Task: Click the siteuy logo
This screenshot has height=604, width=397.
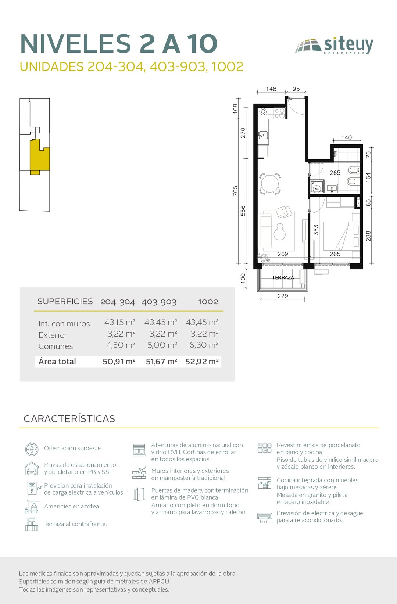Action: [335, 46]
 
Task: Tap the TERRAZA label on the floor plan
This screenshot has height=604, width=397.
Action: [283, 277]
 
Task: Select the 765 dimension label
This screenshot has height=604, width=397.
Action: [236, 191]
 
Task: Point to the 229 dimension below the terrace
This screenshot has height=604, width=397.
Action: [283, 296]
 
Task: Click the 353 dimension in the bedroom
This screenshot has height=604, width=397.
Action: [316, 230]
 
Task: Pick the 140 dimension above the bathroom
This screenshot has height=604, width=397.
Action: [347, 137]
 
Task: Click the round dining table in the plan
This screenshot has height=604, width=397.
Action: [270, 184]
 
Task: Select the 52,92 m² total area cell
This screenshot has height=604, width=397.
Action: [202, 361]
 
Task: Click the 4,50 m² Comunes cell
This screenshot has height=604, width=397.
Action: [121, 345]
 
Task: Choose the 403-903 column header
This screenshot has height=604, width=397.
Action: [159, 302]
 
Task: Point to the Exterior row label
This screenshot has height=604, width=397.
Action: [53, 335]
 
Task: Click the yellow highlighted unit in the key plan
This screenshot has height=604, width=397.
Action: [39, 157]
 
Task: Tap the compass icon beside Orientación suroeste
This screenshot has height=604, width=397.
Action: [32, 449]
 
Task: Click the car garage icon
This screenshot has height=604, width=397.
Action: [32, 468]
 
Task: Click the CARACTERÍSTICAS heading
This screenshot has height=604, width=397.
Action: [69, 419]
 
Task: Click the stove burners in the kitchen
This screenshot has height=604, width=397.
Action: [279, 113]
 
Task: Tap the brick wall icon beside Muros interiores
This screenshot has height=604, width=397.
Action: [139, 473]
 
